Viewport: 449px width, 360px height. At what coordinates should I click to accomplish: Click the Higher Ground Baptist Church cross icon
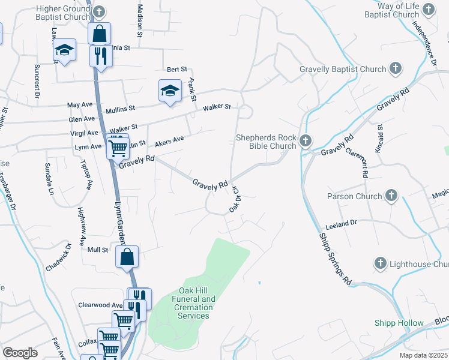pos(100,11)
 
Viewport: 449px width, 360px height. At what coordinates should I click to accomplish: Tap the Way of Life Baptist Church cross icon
pos(428,9)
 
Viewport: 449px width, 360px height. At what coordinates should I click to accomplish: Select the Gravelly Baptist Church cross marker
pos(395,69)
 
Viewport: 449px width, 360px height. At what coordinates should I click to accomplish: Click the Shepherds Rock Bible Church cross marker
pos(305,141)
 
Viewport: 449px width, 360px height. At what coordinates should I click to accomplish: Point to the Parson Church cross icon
pos(391,196)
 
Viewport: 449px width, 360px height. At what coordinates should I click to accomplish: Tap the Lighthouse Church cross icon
pos(379,264)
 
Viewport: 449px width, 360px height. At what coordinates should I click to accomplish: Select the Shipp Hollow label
pos(399,323)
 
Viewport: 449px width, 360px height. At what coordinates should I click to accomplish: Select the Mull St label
pos(97,250)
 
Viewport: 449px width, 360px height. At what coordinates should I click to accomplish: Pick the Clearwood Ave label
pos(100,305)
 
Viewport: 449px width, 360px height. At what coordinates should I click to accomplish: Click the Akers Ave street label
pos(169,142)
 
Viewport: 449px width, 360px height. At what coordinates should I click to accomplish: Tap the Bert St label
pos(178,70)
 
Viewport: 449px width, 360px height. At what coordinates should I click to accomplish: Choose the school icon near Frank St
pos(170,91)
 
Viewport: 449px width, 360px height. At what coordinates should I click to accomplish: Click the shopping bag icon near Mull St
pos(127,257)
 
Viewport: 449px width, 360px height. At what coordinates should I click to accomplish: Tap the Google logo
pos(20,353)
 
